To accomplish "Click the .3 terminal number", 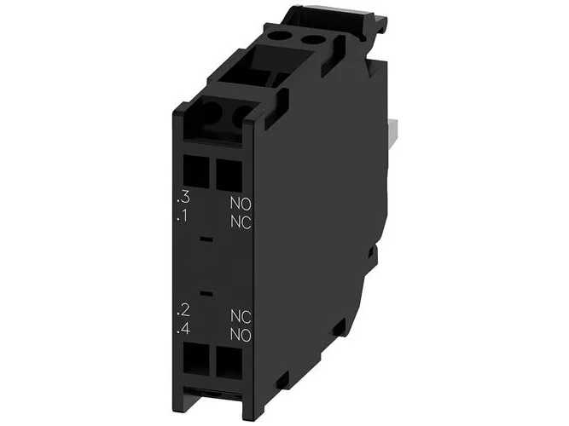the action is tap(183, 197).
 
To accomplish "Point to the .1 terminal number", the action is tap(183, 216).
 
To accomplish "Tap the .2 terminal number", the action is tap(183, 310).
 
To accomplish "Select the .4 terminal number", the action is tap(183, 329).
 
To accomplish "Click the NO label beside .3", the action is tap(241, 204).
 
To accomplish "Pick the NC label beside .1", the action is tap(241, 222).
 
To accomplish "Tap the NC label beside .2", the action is tap(241, 316).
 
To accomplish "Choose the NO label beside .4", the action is tap(241, 335).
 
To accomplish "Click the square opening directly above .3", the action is tap(196, 172).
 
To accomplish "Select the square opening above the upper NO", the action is tap(229, 176).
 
